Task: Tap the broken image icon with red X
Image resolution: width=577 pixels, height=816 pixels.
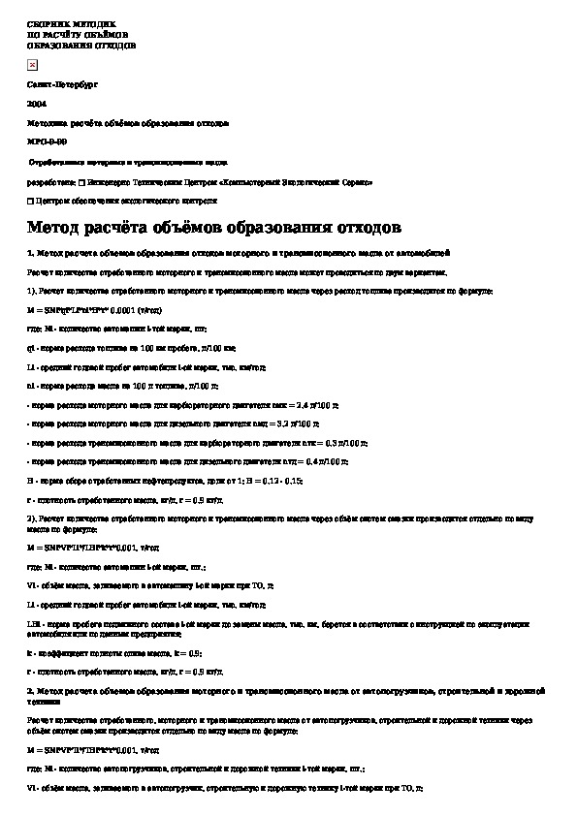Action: pyautogui.click(x=32, y=64)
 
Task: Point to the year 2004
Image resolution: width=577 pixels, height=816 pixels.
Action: pyautogui.click(x=37, y=102)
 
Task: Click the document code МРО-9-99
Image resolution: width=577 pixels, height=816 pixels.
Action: pyautogui.click(x=48, y=141)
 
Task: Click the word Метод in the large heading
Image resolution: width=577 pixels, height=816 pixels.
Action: pyautogui.click(x=54, y=228)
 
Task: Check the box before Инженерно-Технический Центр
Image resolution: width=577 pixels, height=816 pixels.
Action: pyautogui.click(x=80, y=181)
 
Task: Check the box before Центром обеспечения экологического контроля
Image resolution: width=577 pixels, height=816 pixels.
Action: pyautogui.click(x=31, y=201)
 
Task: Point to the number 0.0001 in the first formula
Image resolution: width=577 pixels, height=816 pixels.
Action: pyautogui.click(x=121, y=310)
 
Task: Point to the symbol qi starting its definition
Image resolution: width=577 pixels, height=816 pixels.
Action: pyautogui.click(x=31, y=348)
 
